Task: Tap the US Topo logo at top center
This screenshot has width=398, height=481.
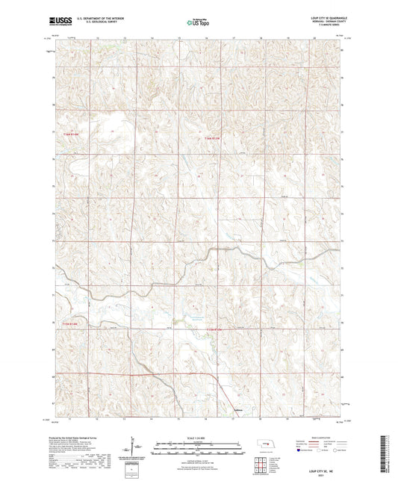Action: [198, 24]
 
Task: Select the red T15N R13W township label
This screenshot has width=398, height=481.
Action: [214, 137]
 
